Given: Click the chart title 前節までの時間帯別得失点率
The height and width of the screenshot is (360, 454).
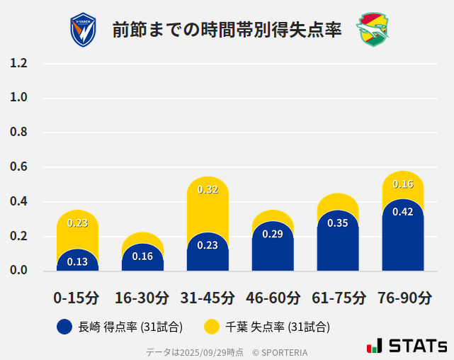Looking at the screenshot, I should (227, 30).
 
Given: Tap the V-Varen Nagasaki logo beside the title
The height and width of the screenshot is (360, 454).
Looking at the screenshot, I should (83, 30).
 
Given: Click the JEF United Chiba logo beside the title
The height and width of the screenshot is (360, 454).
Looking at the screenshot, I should (372, 30).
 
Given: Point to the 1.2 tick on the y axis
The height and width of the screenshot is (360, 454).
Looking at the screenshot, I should (18, 64).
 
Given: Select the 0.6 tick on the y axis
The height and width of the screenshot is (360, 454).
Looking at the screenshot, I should (18, 167).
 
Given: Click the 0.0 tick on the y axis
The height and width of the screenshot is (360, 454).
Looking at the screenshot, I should (18, 271).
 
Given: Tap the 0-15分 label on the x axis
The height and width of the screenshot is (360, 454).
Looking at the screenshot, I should (77, 297).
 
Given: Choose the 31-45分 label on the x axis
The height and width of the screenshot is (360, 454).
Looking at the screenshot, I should (208, 297).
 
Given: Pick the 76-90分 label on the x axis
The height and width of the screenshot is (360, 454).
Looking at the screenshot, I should (403, 297).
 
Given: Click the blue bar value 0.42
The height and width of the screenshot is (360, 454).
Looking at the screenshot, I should (403, 212).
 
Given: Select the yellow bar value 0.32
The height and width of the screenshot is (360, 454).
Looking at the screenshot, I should (208, 189).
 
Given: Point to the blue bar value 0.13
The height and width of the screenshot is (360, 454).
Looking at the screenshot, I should (77, 261).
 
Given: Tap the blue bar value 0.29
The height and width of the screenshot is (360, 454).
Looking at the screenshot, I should (273, 234).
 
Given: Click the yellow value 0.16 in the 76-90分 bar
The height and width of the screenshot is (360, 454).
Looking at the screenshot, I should (403, 184).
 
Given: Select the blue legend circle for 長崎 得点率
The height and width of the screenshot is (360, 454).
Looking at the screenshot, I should (64, 327).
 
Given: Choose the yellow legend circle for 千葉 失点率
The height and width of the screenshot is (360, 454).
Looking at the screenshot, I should (211, 327).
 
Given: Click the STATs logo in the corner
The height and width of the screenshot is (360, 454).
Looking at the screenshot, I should (407, 346).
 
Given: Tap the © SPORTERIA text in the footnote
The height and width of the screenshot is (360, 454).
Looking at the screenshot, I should (280, 351).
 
